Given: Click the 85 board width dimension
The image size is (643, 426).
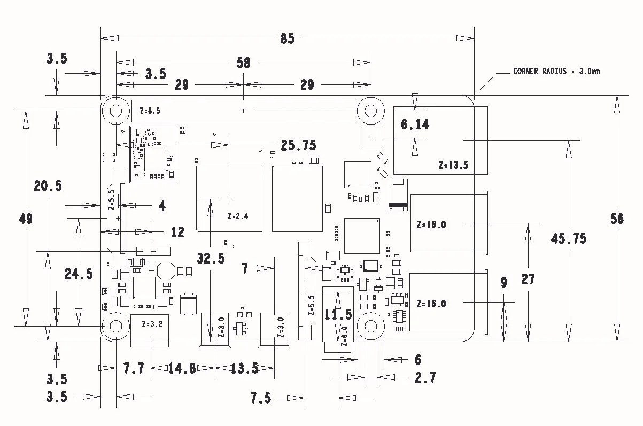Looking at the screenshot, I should [x=287, y=39].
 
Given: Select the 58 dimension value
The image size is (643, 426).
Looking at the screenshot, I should [x=243, y=63].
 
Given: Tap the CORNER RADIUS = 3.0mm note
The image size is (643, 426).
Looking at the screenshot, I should [x=556, y=71].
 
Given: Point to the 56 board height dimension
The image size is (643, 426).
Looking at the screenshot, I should [x=617, y=219].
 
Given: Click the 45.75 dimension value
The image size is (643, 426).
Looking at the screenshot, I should [x=568, y=238].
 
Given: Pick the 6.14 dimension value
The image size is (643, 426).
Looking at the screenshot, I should [x=415, y=125].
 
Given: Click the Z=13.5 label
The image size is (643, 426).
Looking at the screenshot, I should [x=453, y=165].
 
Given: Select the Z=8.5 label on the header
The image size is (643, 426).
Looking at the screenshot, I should [x=149, y=111].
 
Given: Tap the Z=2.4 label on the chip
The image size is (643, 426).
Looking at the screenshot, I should [x=238, y=216].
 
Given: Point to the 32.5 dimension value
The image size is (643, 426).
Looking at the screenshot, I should [x=211, y=259].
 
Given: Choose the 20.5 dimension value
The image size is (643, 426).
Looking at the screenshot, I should [x=48, y=186].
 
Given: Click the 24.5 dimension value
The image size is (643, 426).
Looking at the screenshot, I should [x=79, y=274].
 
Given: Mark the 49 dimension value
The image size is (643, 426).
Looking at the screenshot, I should [x=25, y=219].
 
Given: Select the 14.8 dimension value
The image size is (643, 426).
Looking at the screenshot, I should [x=182, y=368].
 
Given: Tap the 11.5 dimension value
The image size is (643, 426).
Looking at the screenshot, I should [x=338, y=314].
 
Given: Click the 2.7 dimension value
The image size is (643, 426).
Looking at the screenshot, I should [x=425, y=378].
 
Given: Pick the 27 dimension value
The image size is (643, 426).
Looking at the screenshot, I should [x=528, y=279].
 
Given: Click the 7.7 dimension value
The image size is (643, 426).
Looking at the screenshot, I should [x=134, y=368].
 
